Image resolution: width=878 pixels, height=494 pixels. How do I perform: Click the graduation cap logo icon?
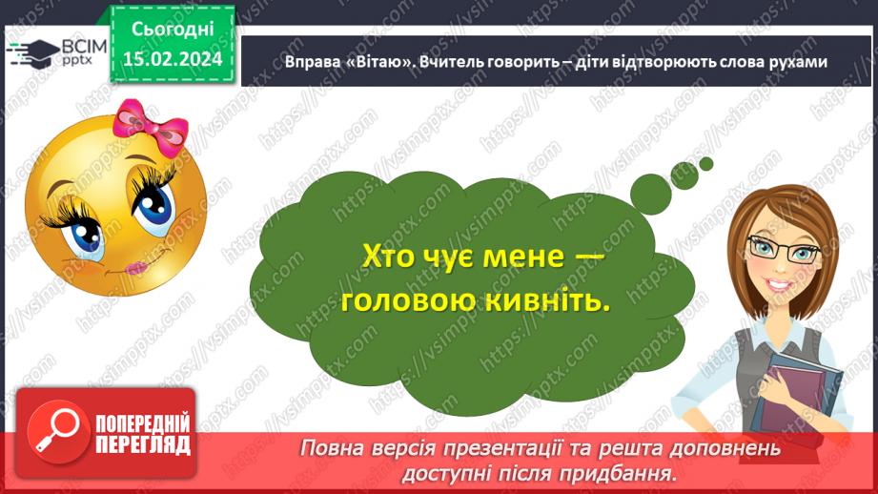pos(29,51)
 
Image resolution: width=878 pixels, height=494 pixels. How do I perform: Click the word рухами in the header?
pos(793,60)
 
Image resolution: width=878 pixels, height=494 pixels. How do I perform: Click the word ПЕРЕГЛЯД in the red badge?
pos(143,445)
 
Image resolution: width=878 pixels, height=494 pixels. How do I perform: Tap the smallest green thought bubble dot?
pos(706,164)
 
